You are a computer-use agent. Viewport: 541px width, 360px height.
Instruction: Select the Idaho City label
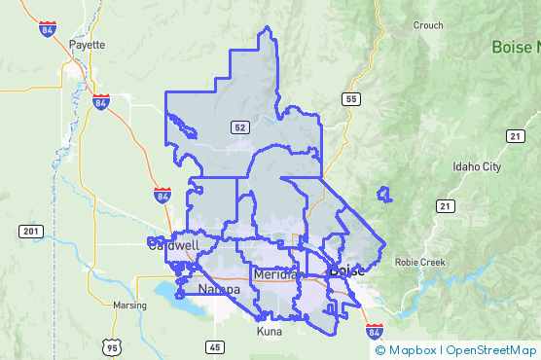[x=477, y=167]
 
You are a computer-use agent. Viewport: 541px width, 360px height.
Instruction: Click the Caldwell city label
[x=173, y=245]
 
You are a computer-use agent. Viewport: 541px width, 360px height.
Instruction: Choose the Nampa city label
[x=218, y=290]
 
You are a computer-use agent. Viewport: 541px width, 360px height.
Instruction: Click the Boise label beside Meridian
[x=347, y=270]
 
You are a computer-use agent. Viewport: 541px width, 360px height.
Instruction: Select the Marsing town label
[x=129, y=305]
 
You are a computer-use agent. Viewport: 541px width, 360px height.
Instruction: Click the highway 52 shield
[x=238, y=127]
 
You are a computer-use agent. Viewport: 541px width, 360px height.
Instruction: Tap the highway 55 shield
[x=350, y=99]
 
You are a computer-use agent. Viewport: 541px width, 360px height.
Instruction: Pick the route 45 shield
[x=214, y=346]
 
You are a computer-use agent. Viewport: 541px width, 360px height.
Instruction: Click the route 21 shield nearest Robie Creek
[x=446, y=205]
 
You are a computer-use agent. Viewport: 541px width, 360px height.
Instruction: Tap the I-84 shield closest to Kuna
[x=376, y=333]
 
